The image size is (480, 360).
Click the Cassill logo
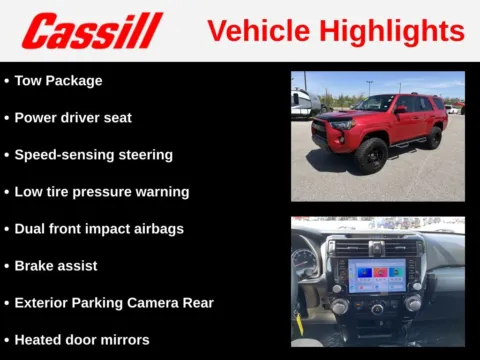click(91, 31)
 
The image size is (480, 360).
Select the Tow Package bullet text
click(58, 80)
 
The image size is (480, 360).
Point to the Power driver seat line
click(73, 117)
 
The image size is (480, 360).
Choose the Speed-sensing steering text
click(93, 155)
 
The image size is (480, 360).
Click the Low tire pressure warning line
click(101, 191)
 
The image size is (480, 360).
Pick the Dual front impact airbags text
click(99, 228)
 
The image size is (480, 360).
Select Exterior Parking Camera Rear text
click(113, 302)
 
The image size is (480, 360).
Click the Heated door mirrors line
click(82, 339)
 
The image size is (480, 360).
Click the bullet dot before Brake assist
click(7, 266)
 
